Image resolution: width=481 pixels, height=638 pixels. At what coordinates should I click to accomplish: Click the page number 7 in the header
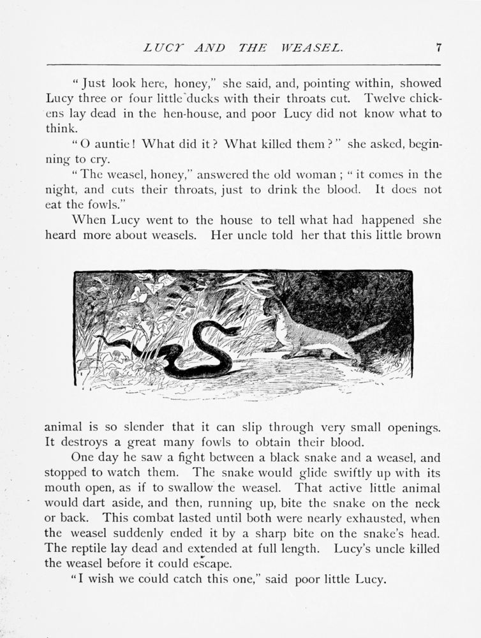pyautogui.click(x=439, y=47)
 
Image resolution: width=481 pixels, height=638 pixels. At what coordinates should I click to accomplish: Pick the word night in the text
pyautogui.click(x=59, y=189)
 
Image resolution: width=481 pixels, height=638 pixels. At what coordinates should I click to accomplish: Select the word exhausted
pyautogui.click(x=368, y=519)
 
